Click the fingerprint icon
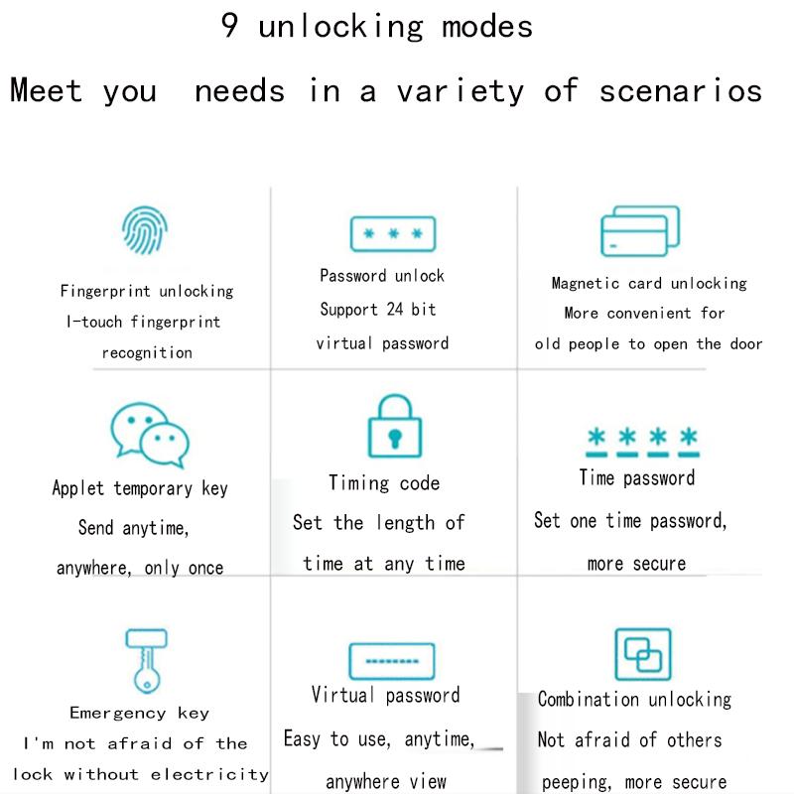(145, 230)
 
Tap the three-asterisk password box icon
(393, 234)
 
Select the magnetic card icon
(640, 231)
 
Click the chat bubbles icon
(150, 435)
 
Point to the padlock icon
(394, 426)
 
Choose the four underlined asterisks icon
(642, 442)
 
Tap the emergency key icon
(146, 661)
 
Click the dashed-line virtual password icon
(392, 661)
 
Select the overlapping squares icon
(642, 655)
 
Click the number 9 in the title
(229, 26)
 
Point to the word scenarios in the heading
(681, 91)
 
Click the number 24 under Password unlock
(395, 309)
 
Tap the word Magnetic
(586, 283)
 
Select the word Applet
(78, 488)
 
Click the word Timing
(359, 483)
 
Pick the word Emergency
(118, 713)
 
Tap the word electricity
(209, 774)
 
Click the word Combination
(588, 700)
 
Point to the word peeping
(577, 782)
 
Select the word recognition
(147, 352)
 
